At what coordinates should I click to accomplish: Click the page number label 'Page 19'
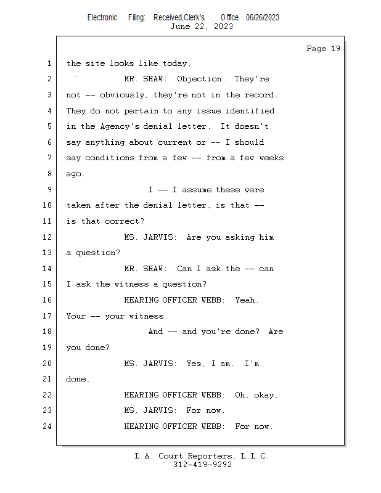point(323,49)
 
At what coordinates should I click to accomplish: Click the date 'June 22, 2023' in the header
point(201,26)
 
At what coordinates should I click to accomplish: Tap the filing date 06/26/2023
point(262,17)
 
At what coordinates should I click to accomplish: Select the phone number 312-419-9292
point(202,465)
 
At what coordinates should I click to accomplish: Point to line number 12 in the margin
point(47,237)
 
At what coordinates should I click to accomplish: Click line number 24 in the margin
point(47,426)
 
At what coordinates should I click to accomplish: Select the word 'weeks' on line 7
point(271,158)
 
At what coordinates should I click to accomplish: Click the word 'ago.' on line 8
point(76,174)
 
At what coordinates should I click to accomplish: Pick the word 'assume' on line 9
point(194,190)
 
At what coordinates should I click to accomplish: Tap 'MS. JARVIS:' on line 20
point(150,364)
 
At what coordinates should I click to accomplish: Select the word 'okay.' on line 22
point(266,395)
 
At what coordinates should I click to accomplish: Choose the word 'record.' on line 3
point(261,95)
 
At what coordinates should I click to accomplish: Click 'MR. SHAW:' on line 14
point(145,269)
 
